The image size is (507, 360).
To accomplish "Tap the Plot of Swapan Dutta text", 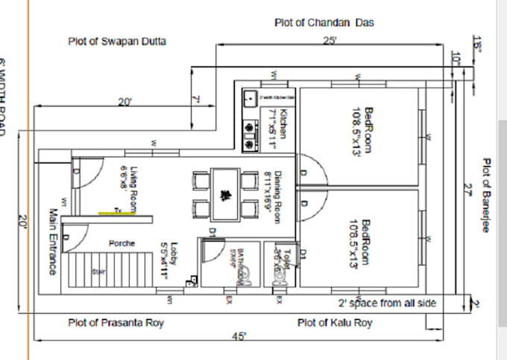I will (117, 41).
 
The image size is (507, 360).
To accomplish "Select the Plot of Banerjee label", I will (485, 195).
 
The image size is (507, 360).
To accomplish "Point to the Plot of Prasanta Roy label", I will (116, 323).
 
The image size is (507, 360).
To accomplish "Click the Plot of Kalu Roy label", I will (334, 323).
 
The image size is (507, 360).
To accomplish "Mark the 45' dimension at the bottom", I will (239, 336).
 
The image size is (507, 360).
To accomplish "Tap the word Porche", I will (122, 244).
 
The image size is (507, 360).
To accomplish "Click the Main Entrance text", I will (53, 240).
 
